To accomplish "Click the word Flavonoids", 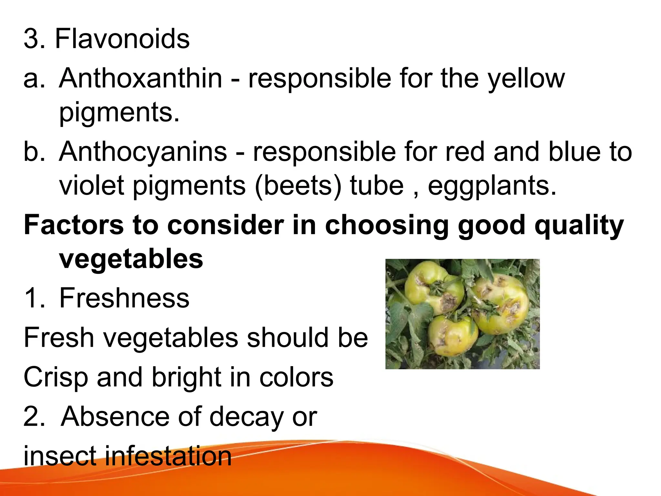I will (122, 39).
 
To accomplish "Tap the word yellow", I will (526, 79).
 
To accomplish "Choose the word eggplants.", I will (492, 186).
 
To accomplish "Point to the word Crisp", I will (56, 377).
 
